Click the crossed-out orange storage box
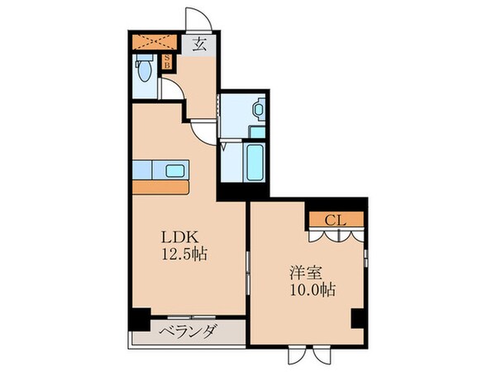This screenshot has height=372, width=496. [153, 41]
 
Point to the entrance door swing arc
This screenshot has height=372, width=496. [193, 21]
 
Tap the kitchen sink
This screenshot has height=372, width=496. [174, 171]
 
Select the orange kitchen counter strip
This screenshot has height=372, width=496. [162, 185]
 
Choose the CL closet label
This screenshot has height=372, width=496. [334, 220]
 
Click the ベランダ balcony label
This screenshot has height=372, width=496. [188, 332]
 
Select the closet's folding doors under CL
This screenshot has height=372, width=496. [336, 236]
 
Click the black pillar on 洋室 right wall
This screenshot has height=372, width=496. [358, 318]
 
